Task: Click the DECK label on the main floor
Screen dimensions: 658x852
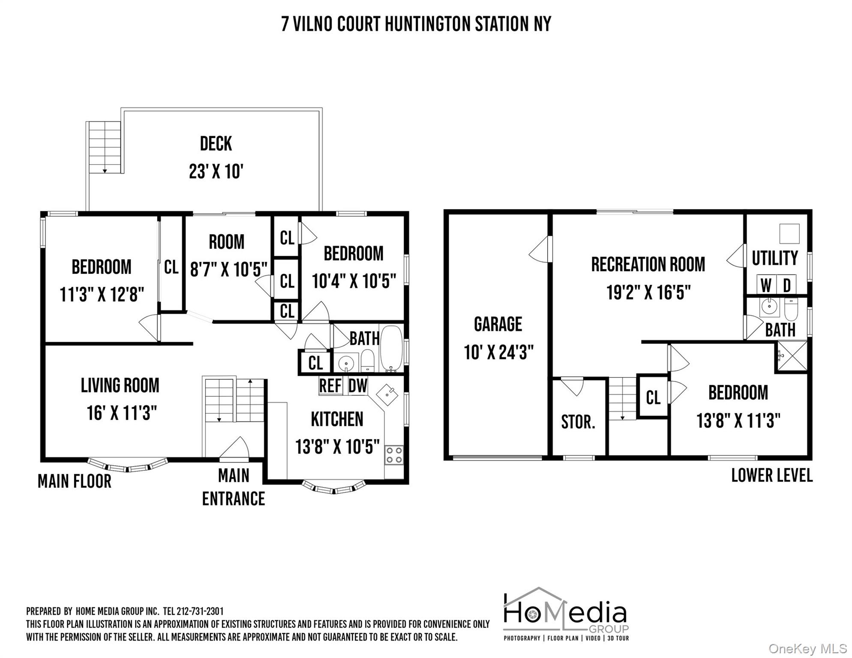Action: click(216, 144)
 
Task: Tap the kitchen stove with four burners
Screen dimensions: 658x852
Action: click(393, 455)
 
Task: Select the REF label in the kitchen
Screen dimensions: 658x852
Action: click(330, 386)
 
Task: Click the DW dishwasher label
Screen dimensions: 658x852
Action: click(357, 386)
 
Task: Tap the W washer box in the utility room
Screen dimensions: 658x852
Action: click(766, 285)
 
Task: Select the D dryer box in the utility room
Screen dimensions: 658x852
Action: click(786, 285)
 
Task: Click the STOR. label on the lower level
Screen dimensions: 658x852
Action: click(578, 422)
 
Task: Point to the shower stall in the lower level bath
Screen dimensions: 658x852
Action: click(792, 356)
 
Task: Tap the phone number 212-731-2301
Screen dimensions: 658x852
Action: click(200, 611)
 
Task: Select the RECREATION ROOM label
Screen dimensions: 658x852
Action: click(648, 264)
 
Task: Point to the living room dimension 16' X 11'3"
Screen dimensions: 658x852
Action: click(122, 413)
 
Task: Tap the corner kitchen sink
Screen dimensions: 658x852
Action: click(387, 394)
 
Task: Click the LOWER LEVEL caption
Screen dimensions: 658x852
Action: click(771, 476)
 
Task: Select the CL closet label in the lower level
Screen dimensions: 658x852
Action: click(653, 398)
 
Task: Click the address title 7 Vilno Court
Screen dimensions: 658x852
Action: click(416, 24)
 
